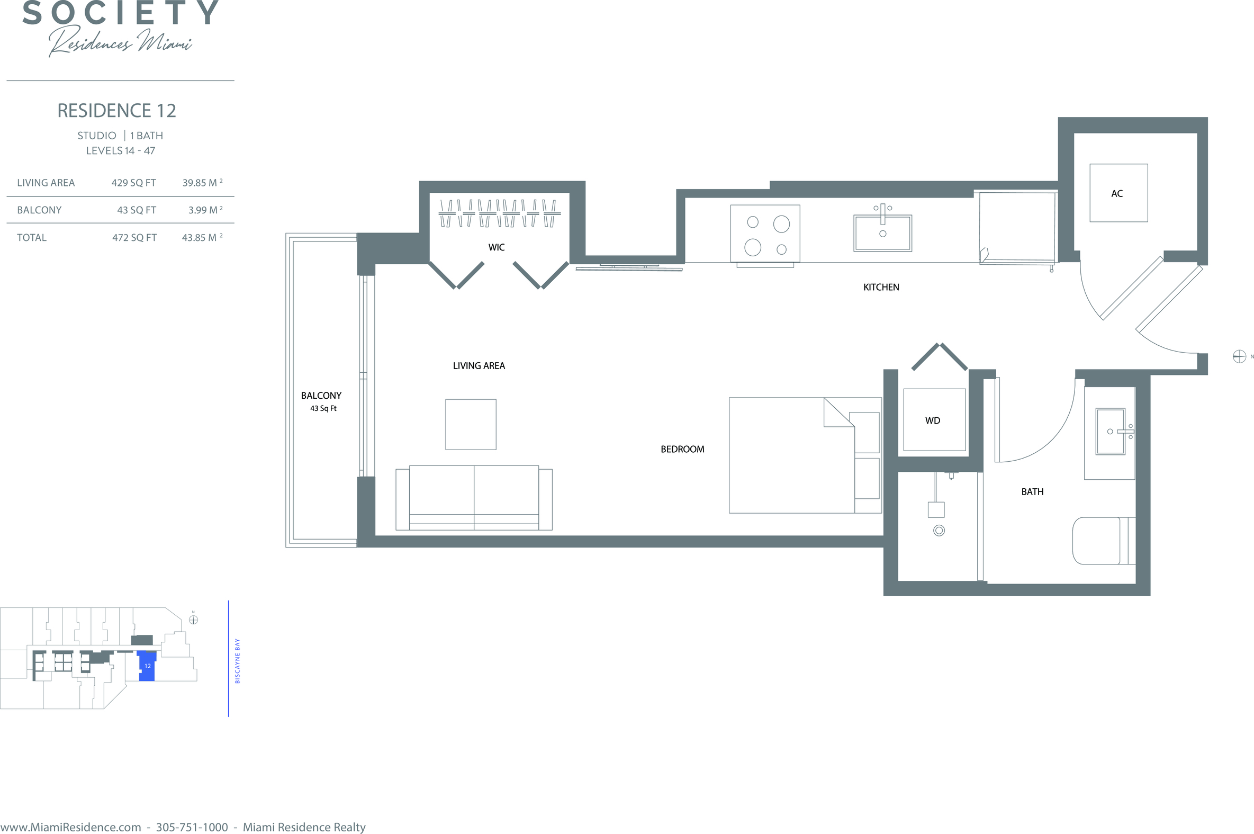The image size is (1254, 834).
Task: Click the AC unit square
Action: [1118, 193]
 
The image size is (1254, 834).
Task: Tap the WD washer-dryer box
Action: [934, 420]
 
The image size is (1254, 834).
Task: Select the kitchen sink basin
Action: [882, 233]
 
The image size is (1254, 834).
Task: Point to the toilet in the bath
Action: [1104, 541]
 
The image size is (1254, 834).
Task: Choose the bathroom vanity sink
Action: [1111, 432]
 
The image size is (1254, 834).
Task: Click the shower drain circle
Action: [939, 530]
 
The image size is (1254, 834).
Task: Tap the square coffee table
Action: [471, 425]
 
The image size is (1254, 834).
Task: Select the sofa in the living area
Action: [474, 498]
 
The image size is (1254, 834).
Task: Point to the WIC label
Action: [497, 247]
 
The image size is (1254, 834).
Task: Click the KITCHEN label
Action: [881, 287]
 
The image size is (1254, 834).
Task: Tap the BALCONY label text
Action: [321, 396]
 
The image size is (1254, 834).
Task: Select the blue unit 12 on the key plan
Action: [147, 666]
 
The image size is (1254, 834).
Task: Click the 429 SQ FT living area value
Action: [133, 183]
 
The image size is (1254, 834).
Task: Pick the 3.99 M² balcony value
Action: [205, 210]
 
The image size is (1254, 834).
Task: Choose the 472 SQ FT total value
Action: [134, 238]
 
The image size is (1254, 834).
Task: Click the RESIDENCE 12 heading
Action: [116, 111]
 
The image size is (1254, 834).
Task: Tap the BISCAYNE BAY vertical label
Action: [237, 661]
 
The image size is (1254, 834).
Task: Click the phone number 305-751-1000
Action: [192, 827]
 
